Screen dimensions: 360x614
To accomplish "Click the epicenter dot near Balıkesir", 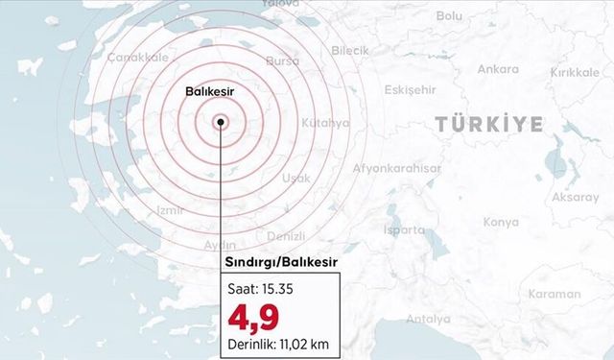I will (x=221, y=121).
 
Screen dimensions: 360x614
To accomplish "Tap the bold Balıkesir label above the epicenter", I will (x=209, y=91).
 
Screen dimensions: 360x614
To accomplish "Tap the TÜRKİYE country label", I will (x=488, y=124).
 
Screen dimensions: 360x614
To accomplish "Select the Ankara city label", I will (x=498, y=69).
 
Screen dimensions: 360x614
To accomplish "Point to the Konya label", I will (x=501, y=222).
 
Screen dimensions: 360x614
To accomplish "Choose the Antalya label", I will (x=428, y=318).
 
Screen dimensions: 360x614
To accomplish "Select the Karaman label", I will (x=555, y=294).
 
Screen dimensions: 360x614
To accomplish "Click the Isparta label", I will (x=404, y=230).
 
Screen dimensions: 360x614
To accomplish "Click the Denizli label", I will (x=285, y=236).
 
